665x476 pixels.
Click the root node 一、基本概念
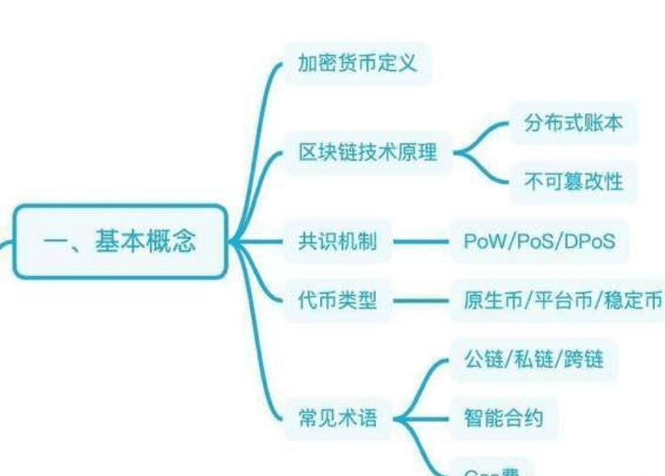point(120,241)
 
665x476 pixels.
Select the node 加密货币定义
point(357,63)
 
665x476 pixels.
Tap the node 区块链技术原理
point(368,153)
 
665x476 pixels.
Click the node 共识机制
point(338,242)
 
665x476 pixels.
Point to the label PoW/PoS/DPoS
point(539,242)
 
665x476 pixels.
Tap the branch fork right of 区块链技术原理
point(463,153)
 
